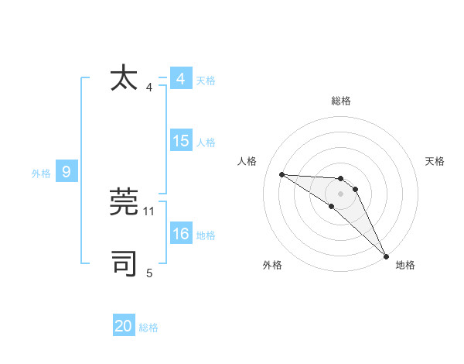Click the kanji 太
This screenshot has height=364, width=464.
pos(125,78)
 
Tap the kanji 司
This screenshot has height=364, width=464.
pos(125,263)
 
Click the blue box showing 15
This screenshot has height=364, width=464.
pos(181,141)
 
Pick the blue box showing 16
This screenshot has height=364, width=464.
pos(181,234)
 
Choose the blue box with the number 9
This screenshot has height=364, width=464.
pos(67,172)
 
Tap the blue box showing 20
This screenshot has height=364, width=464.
pos(124,326)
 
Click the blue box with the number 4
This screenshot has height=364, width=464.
pos(181,79)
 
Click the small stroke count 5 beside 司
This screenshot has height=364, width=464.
pos(149,273)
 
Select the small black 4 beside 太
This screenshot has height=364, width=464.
pos(149,88)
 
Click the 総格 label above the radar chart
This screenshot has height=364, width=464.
pos(341,101)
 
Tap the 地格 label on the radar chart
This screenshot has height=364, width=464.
pos(405,265)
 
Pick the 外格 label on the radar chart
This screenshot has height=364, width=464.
pos(272,265)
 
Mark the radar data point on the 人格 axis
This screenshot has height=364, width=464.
pos(281,174)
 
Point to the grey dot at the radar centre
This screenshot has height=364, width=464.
pos(341,193)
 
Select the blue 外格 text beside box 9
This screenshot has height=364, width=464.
pos(41,173)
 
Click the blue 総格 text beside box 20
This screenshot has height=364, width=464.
pos(148,328)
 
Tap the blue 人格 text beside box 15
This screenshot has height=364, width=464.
pos(206,143)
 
